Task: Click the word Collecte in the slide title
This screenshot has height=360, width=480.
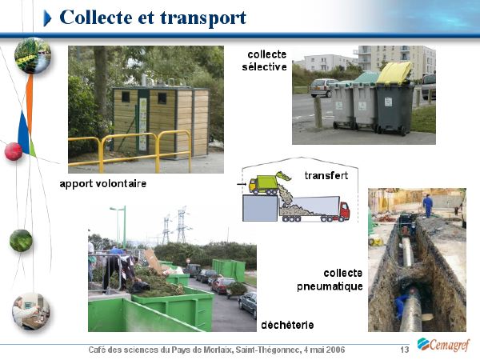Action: (x=97, y=18)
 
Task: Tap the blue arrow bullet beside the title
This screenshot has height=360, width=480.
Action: (x=47, y=18)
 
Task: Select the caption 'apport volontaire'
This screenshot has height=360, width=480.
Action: (x=103, y=184)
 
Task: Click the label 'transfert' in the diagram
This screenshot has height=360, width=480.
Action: (x=326, y=175)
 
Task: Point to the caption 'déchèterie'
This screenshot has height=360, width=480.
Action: (x=287, y=325)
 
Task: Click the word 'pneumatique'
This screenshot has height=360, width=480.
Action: (x=330, y=286)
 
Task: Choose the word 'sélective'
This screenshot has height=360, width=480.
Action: (x=265, y=66)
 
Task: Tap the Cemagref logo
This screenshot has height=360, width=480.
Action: (x=443, y=345)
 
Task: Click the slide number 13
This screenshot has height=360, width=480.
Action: (x=405, y=350)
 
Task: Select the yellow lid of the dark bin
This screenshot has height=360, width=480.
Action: (x=394, y=73)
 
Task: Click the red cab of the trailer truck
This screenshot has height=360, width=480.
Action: (x=344, y=210)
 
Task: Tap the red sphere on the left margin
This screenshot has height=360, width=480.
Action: (x=14, y=151)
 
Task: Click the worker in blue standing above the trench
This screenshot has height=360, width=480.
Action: (x=428, y=206)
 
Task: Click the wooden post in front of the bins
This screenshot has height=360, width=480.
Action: (x=318, y=112)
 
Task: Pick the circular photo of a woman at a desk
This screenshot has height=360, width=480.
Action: (x=31, y=311)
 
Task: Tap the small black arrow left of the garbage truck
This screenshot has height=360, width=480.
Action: (x=242, y=184)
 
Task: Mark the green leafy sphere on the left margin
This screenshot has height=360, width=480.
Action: (x=21, y=241)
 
